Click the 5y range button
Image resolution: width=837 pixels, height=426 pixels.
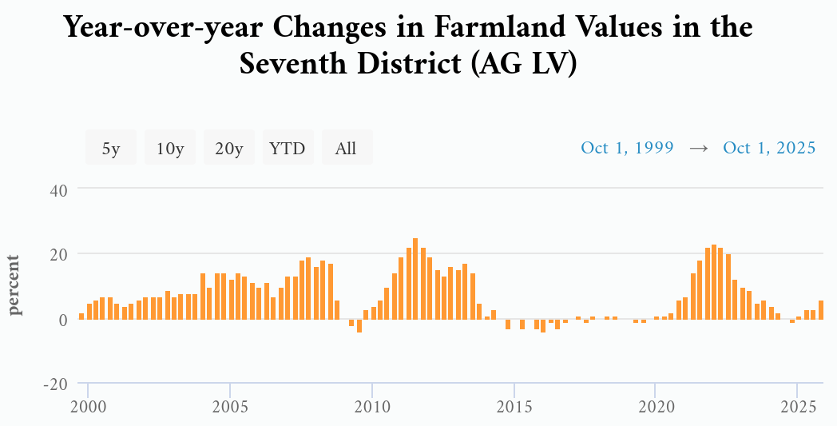tap(111, 148)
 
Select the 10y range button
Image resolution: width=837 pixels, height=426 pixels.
tap(170, 148)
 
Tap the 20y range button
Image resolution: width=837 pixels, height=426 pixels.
tap(229, 148)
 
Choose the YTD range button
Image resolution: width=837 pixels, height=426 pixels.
tap(288, 148)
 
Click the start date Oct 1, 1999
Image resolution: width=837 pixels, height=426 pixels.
tap(627, 148)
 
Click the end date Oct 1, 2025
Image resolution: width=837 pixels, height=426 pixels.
tap(769, 148)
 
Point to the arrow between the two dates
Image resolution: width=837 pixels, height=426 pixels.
tap(699, 148)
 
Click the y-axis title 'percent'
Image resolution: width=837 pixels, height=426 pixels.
tap(15, 285)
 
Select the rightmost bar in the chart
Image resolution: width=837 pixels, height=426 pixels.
tap(820, 309)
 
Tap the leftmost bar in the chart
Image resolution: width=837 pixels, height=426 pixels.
tap(81, 316)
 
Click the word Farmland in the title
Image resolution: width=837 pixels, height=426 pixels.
tap(491, 28)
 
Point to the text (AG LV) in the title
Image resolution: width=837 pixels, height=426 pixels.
tap(524, 64)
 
